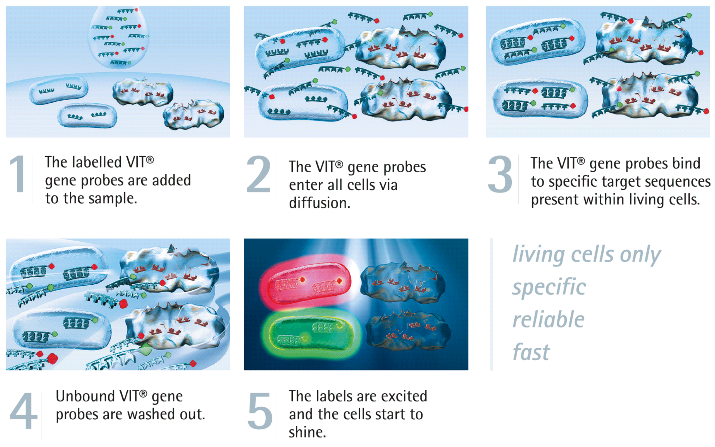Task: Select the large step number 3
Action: pos(500,174)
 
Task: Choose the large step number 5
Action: pos(260,411)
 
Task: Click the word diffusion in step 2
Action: pos(319,203)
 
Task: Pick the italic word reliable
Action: pos(548,320)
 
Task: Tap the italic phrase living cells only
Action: pos(587,254)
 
